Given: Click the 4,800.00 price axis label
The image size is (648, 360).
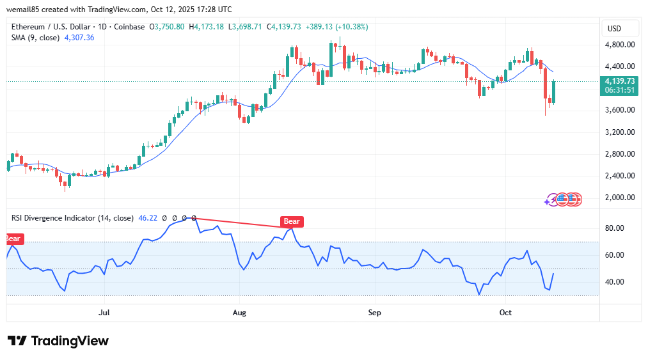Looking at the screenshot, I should click(620, 45).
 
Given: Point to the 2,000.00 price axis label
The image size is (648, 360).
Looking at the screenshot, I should click(620, 198).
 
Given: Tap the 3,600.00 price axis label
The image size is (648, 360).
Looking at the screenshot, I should click(620, 110).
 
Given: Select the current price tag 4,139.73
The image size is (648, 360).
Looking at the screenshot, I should click(620, 81).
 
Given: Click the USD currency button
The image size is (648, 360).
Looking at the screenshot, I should click(614, 29).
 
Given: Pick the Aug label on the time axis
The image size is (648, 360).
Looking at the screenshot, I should click(239, 313).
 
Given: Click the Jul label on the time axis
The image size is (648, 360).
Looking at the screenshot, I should click(104, 313).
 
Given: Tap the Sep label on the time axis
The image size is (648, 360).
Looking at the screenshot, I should click(375, 313).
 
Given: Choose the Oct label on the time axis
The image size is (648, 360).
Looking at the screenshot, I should click(505, 313).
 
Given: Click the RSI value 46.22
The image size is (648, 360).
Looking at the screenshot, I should click(148, 218).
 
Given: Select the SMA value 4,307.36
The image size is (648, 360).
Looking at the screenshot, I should click(79, 38).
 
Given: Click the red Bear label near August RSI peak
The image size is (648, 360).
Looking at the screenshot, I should click(291, 222).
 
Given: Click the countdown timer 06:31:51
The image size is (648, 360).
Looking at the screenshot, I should click(620, 90).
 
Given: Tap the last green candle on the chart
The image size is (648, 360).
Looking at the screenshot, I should click(553, 92).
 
